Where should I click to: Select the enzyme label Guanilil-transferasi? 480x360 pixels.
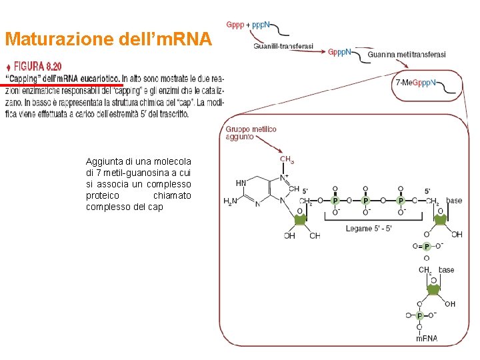coord(283,46)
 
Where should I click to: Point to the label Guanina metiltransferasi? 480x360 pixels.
coord(406,55)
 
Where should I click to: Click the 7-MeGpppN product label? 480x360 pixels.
coord(415,83)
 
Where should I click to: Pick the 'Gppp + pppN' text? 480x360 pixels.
coord(248,25)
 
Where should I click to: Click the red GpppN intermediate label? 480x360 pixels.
coord(339,52)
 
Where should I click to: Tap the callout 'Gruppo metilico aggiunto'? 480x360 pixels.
coord(251,133)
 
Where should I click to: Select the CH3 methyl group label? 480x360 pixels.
coord(287,160)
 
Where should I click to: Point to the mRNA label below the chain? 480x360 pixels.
coord(427,338)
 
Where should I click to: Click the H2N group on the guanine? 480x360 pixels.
coord(231,201)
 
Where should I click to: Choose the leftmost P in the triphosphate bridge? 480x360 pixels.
coord(335,200)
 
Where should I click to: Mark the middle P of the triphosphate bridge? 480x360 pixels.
coord(365,200)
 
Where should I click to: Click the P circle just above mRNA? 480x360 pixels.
coord(419,315)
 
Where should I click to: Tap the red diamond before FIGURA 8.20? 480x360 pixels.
coord(8,67)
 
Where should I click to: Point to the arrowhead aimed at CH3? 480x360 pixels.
coord(282,153)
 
